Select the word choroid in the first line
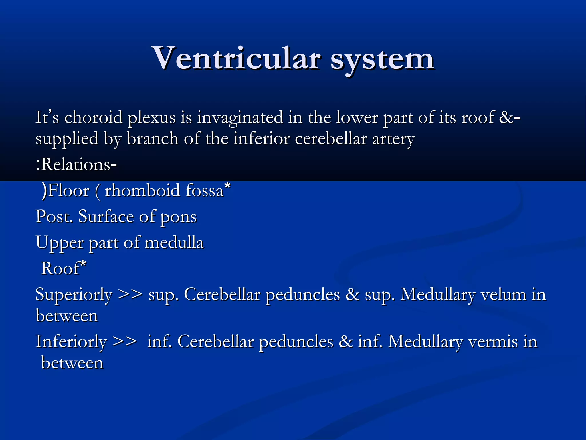point(93,117)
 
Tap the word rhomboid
point(142,190)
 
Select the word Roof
point(60,269)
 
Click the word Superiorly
point(74,295)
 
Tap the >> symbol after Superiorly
point(130,294)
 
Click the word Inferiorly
point(71,342)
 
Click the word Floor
point(68,190)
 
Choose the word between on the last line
point(72,363)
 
